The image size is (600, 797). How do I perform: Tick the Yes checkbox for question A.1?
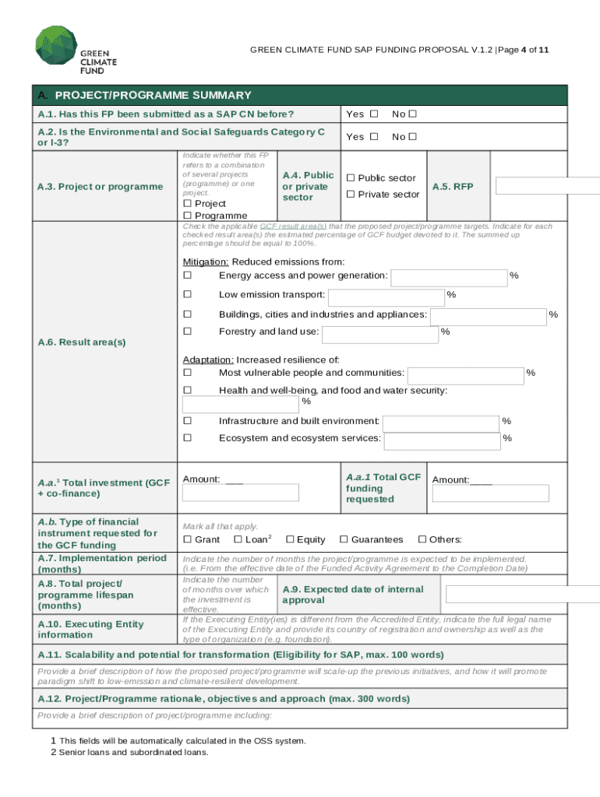coord(374,114)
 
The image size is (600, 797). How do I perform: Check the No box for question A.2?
coord(413,137)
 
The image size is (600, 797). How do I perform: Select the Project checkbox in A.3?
coord(187,203)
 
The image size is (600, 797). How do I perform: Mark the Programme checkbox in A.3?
coord(187,216)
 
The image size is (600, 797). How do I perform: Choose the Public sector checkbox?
coord(351,178)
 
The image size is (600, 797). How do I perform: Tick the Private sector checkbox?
coord(351,194)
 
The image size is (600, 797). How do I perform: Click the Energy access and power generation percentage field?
coord(448,278)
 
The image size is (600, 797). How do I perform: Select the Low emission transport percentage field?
coord(386,297)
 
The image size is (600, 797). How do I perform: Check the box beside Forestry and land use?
coord(187,332)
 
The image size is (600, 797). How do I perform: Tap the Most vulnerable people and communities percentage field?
coord(465,376)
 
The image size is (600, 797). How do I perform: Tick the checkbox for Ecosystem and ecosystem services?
coord(187,438)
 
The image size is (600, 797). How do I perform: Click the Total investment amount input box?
coord(241,493)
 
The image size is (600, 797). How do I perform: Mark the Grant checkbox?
coord(187,539)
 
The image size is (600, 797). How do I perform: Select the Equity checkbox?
coord(290,539)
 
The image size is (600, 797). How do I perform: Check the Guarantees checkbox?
coord(344,539)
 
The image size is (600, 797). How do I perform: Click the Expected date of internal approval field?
coord(523,595)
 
